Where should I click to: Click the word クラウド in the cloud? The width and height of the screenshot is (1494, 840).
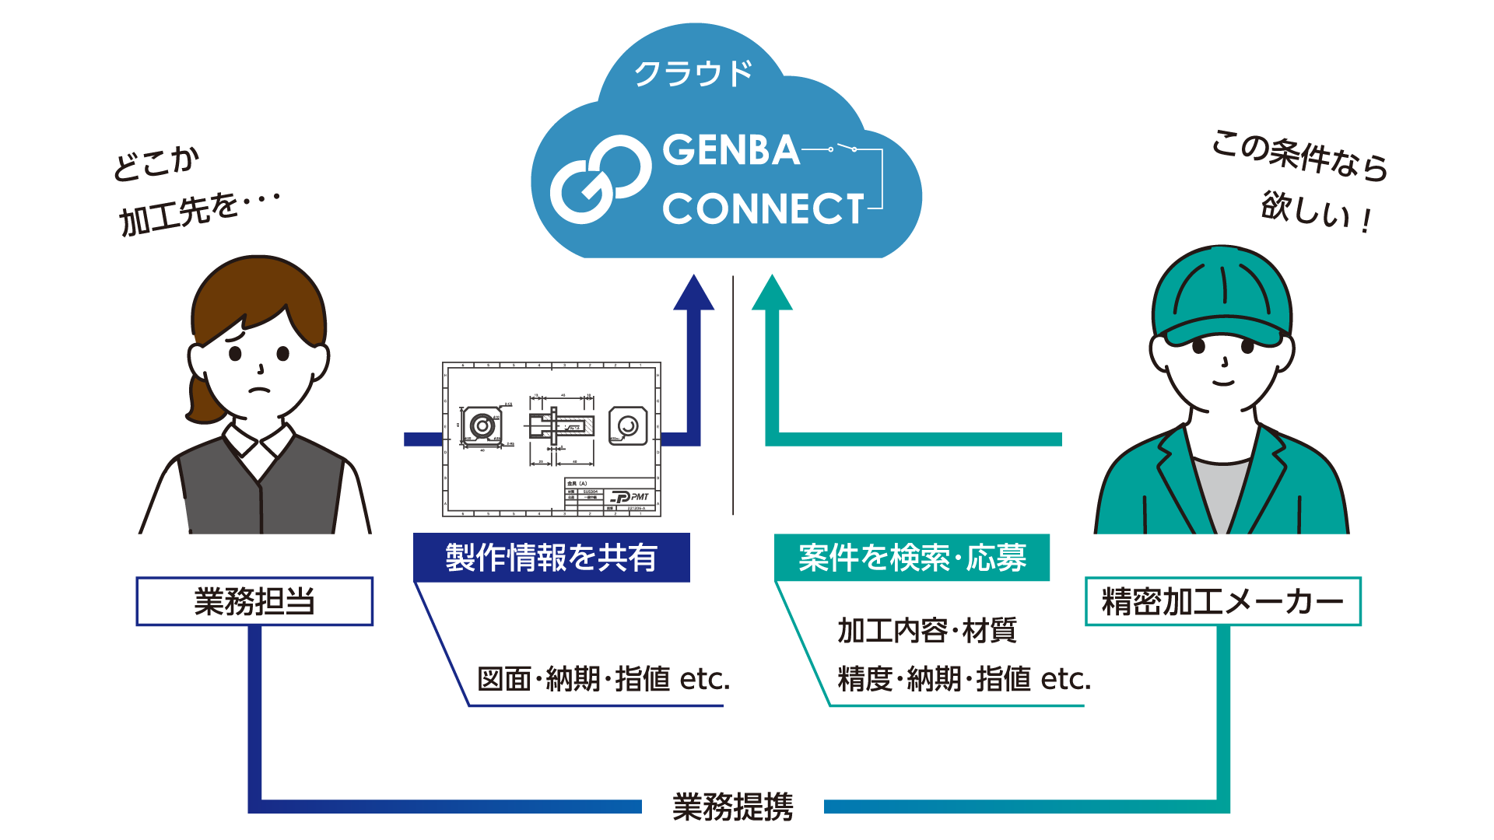693,74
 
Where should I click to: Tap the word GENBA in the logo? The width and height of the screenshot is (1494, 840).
731,150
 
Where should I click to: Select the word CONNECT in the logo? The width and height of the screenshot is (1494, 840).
763,208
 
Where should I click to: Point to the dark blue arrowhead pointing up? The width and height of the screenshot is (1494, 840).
693,294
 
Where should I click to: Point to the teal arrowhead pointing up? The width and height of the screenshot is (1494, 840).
772,294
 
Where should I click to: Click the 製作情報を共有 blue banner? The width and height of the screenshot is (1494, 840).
551,558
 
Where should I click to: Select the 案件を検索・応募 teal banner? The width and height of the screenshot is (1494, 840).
912,558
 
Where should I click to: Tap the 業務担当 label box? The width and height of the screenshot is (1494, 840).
254,601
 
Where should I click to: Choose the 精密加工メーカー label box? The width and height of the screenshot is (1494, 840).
1222,601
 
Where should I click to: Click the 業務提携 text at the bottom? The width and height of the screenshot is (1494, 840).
732,807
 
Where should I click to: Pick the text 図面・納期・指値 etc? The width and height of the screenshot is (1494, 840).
603,679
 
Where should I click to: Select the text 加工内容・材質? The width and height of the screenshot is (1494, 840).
927,630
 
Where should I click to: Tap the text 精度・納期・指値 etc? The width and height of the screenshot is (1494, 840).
964,679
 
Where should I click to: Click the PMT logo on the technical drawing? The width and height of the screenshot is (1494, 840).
631,497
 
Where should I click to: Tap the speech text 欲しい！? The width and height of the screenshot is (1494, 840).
1316,212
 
